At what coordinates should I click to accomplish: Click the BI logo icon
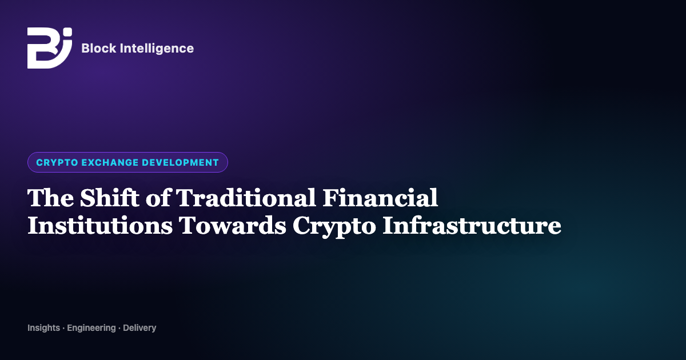coord(50,48)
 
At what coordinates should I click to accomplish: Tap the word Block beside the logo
coord(99,49)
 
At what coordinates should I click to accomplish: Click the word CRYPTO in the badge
coord(57,162)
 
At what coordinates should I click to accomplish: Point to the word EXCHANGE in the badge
coord(110,162)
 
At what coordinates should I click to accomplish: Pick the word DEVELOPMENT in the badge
coord(181,162)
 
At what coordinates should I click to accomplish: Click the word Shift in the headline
coord(110,198)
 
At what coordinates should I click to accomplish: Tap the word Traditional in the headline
coord(246,198)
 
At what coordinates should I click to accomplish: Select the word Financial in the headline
coord(380,198)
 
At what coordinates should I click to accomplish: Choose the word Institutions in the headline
coord(100,225)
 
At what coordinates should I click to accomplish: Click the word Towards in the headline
coord(233,225)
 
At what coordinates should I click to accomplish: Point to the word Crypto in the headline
coord(334,227)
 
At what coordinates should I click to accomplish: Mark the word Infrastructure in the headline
coord(472,225)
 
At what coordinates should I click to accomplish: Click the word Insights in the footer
coord(44,328)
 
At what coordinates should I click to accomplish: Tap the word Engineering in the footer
coord(91,328)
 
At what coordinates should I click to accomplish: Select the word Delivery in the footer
coord(139,328)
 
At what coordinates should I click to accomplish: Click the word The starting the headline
coord(50,198)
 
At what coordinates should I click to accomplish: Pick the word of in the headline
coord(158,198)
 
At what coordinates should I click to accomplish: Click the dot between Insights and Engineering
coord(63,328)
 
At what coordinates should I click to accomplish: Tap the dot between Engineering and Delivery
coord(119,328)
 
